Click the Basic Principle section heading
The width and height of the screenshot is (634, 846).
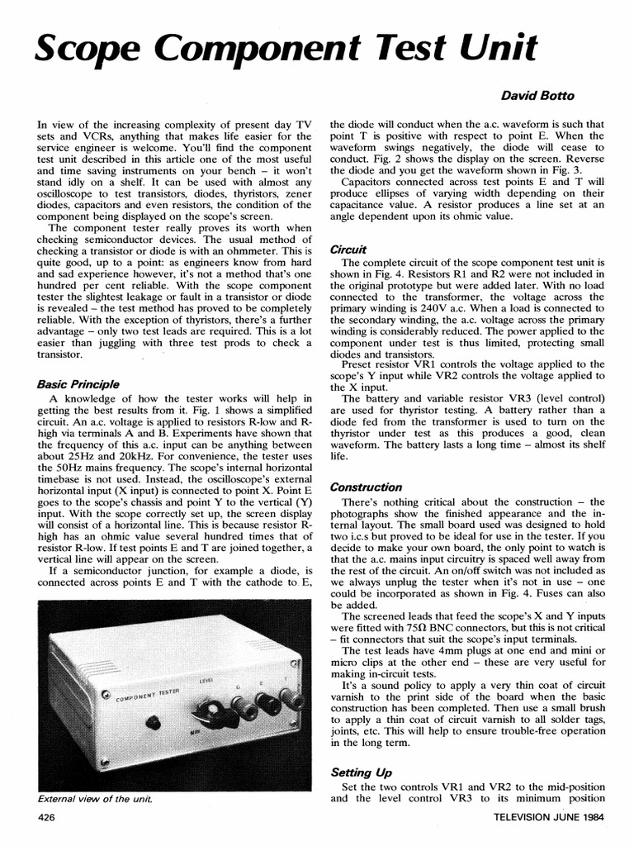[x=78, y=384]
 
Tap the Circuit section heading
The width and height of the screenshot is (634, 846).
[x=348, y=249]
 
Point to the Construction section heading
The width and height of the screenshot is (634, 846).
[x=366, y=487]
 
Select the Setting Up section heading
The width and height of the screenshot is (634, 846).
[x=361, y=772]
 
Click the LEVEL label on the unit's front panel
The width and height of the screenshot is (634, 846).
[x=206, y=680]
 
